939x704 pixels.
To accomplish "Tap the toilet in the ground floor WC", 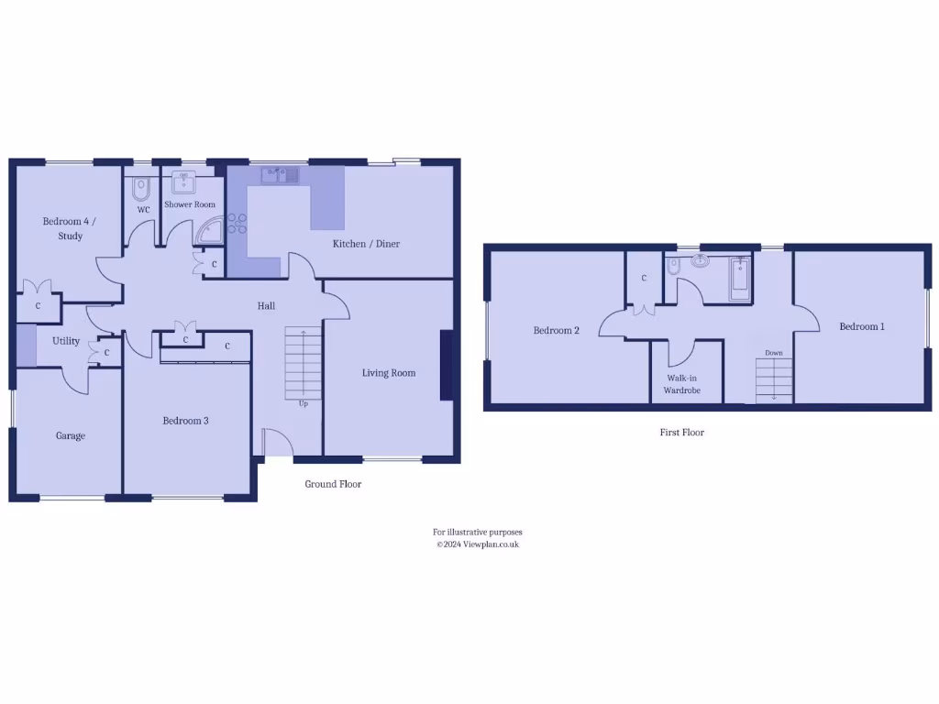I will click(x=140, y=189).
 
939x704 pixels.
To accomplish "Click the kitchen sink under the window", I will click(x=281, y=174).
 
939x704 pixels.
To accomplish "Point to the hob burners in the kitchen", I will click(x=238, y=224).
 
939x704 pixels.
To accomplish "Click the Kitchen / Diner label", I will click(x=366, y=243).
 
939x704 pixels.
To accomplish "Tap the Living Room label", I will click(x=388, y=372).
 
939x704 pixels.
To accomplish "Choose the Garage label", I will click(x=70, y=435).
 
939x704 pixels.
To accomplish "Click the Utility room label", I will click(x=66, y=341).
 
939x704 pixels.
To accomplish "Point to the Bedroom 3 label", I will click(x=185, y=421).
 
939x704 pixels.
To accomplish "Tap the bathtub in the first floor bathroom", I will click(x=739, y=279).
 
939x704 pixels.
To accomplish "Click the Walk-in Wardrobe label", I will click(x=681, y=383).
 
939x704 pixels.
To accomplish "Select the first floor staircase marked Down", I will click(x=773, y=379).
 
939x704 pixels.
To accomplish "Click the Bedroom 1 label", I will click(x=861, y=326).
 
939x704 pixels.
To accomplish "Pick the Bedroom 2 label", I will click(x=556, y=330).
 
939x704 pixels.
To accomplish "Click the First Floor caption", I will click(x=681, y=432).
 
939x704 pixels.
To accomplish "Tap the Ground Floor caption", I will click(x=333, y=484).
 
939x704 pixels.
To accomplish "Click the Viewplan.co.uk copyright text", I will click(x=477, y=544).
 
